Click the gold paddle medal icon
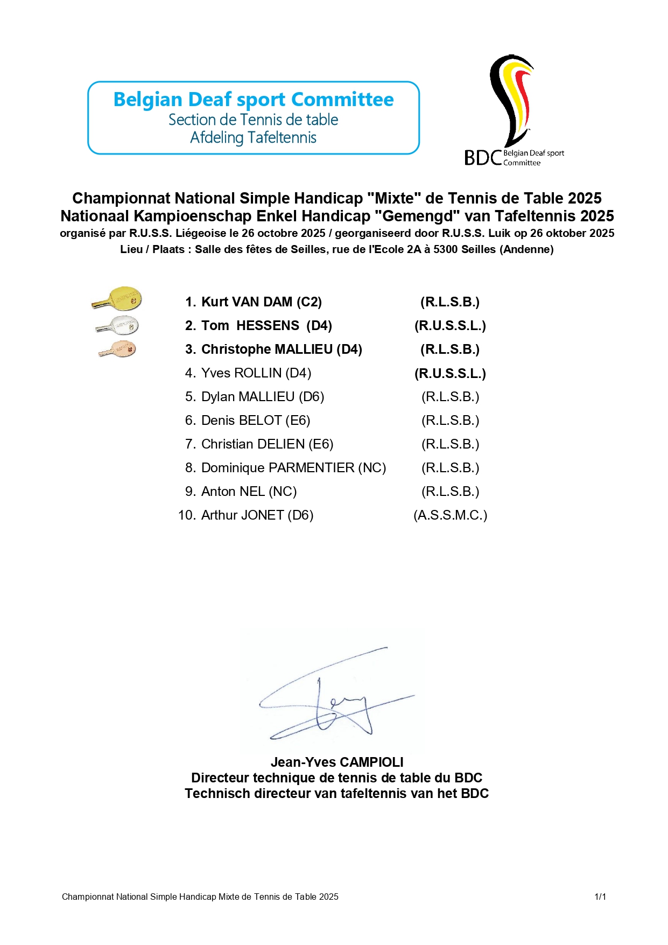pos(117,299)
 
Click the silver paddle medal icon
pos(118,325)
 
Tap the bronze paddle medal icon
pos(118,349)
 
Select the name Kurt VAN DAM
pos(247,302)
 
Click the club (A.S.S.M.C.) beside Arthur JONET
pos(450,515)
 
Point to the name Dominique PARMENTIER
pos(278,468)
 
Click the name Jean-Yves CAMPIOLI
pos(337,762)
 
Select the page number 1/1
pos(600,897)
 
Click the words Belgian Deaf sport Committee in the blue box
pos(254,100)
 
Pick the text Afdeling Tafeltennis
pos(253,138)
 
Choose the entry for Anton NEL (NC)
pos(249,492)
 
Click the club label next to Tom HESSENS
pos(450,326)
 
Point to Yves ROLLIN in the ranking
pos(241,373)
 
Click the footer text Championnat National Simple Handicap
pos(200,897)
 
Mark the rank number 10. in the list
pos(186,515)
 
